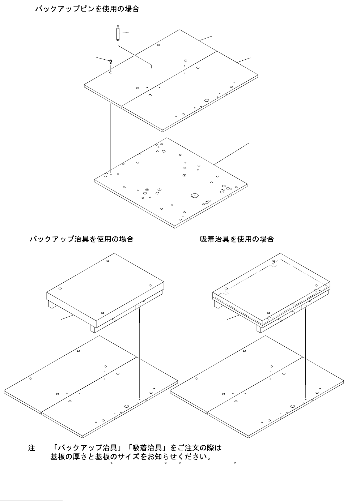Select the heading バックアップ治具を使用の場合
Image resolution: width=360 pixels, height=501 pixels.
click(81, 239)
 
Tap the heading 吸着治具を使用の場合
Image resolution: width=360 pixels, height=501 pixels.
click(237, 239)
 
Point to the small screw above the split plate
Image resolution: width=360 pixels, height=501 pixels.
click(110, 61)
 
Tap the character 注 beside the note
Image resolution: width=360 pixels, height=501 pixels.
click(32, 448)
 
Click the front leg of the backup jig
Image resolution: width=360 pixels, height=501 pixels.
click(93, 328)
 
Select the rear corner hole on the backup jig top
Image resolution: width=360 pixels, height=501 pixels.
click(108, 260)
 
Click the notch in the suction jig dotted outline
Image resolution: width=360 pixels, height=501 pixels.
click(274, 266)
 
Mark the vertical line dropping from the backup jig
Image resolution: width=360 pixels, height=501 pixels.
click(139, 354)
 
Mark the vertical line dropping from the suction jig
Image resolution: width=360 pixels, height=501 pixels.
click(306, 354)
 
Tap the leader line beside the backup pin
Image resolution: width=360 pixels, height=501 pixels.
click(124, 33)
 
